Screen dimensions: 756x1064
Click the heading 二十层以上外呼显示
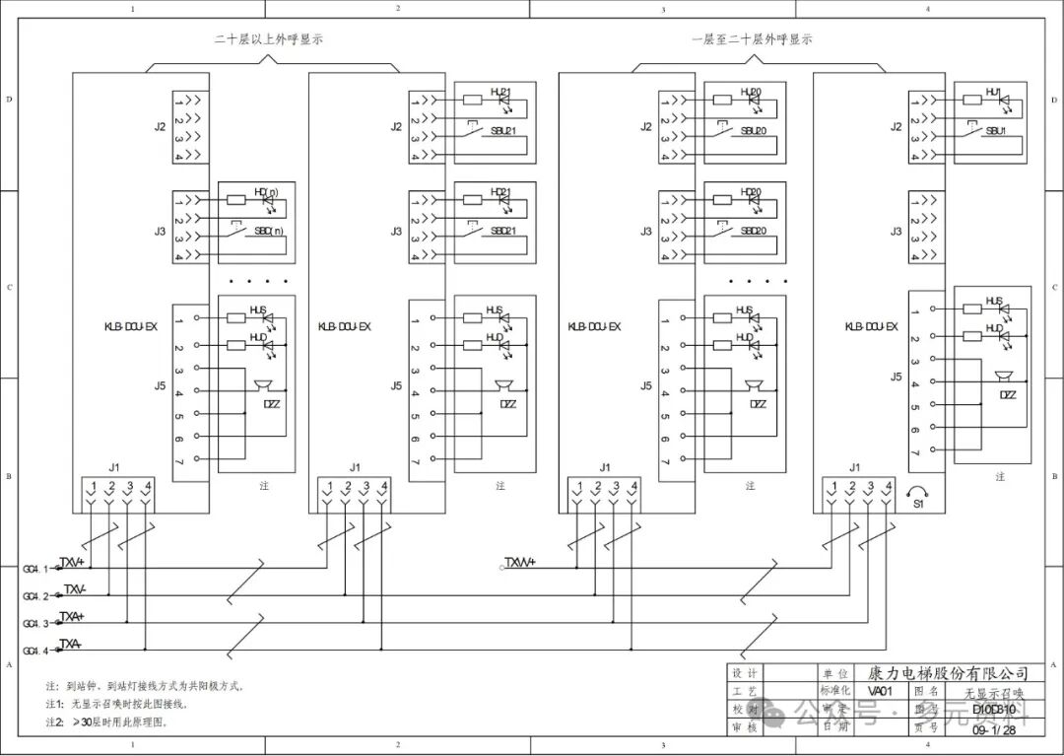coord(269,40)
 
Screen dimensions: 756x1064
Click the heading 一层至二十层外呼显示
coord(752,40)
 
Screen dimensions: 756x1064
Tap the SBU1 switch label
coord(996,131)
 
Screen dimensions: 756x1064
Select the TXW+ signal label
coord(519,563)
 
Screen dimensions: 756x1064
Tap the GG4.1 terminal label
coord(35,569)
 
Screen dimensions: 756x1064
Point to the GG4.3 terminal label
coord(35,624)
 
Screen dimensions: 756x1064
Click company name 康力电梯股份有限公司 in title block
coord(947,673)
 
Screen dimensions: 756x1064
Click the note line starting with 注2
coord(106,722)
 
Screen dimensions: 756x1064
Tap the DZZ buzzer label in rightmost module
coord(1008,395)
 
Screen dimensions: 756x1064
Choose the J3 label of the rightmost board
coord(896,232)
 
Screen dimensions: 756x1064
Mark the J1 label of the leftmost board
coord(114,466)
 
